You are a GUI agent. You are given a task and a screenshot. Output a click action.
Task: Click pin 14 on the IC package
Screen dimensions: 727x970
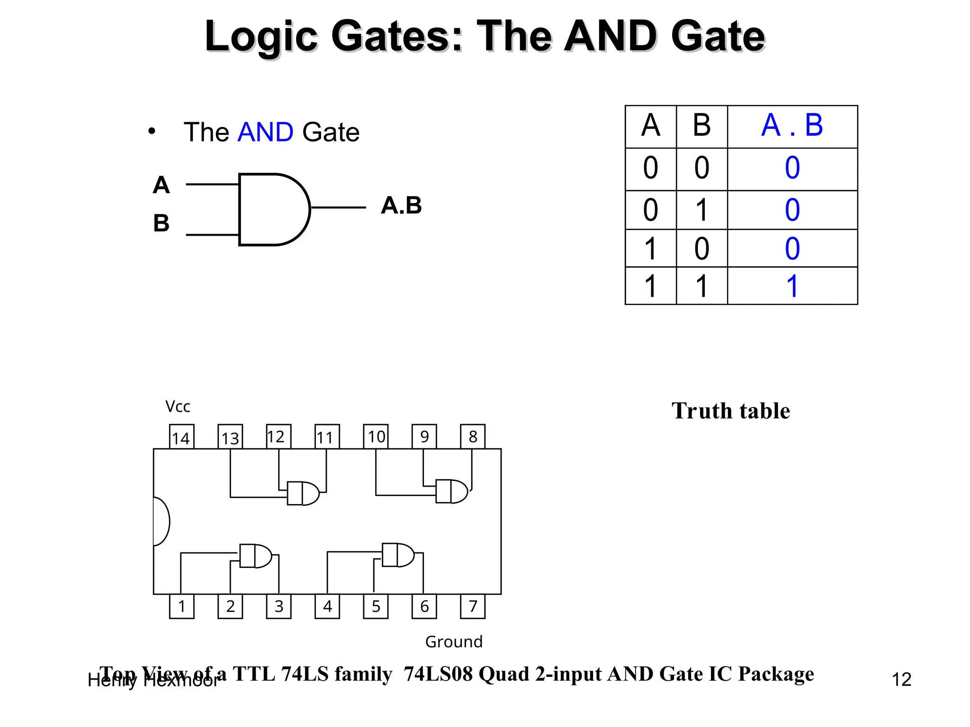181,437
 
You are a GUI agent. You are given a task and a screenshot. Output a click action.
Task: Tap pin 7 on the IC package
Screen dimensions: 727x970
473,606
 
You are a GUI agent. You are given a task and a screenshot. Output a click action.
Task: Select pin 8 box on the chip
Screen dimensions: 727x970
473,436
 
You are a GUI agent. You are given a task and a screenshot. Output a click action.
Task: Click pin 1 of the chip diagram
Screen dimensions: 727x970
181,606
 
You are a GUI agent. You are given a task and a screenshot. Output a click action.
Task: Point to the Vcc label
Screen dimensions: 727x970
178,407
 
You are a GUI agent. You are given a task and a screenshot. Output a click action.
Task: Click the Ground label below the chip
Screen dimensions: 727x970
454,642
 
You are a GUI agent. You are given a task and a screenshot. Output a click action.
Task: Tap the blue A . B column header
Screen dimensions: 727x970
792,126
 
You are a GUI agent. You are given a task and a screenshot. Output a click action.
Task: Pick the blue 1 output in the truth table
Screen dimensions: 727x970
792,286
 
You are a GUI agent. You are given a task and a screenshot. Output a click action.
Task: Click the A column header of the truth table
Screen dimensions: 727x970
651,126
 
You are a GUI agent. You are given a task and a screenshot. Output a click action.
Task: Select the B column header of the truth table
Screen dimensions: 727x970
701,126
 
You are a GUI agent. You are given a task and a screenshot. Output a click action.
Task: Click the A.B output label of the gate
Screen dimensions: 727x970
401,205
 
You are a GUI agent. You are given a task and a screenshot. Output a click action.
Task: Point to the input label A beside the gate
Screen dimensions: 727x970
161,185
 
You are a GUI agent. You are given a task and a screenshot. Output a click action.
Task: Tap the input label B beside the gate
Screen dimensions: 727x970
161,223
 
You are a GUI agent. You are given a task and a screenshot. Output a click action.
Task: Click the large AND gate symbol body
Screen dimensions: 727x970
270,209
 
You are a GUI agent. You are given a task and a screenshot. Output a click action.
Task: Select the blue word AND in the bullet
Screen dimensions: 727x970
265,132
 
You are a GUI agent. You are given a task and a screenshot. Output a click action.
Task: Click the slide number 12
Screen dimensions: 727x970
901,680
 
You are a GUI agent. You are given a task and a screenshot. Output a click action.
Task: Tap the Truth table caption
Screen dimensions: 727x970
730,411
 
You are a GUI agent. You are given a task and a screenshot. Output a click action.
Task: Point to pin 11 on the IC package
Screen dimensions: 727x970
327,437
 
